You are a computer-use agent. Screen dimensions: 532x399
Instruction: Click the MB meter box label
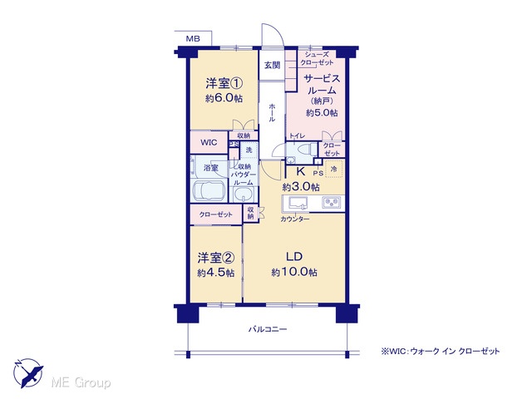193,39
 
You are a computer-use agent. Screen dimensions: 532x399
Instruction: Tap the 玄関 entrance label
272,65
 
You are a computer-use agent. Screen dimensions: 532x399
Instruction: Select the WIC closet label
209,142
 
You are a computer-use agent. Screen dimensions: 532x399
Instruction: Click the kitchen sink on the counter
298,203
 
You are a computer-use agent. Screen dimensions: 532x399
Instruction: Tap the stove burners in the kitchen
330,203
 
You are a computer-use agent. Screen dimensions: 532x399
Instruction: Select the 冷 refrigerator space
334,169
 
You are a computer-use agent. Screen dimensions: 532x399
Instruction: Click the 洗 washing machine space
249,150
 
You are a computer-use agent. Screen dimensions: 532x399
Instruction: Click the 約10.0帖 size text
294,272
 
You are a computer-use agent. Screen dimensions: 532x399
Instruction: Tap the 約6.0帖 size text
224,98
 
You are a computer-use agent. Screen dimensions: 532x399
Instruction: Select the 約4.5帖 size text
216,273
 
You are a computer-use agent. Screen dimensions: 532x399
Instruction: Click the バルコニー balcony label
268,329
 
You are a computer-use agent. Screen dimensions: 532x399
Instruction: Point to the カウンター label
295,219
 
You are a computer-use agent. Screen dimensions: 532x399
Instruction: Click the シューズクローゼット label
317,58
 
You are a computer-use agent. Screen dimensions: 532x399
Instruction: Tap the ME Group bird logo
27,373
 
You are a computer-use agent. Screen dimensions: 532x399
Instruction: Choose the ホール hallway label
272,113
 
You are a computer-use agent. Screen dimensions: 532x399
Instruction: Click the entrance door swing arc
277,31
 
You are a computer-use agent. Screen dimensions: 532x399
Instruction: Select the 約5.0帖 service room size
322,113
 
